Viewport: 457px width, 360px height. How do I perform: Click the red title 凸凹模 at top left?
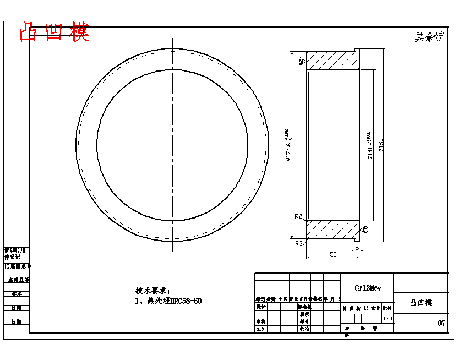pos(54,32)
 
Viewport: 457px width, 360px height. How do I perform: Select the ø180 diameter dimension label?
pos(380,145)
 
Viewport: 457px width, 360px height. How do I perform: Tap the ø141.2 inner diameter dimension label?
pos(369,145)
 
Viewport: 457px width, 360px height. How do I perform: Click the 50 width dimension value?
pos(333,254)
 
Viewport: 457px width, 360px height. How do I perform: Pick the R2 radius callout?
pos(298,216)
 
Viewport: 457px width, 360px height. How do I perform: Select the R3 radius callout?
pos(298,243)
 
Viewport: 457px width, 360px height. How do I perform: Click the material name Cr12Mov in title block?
pos(368,288)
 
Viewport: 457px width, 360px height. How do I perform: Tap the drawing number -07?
pos(439,323)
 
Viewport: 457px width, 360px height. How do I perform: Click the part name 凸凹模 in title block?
pos(421,303)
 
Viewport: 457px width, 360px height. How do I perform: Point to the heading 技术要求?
pos(153,291)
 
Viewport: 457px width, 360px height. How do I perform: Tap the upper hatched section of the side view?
pos(330,60)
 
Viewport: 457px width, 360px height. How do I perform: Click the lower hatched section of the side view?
pos(330,230)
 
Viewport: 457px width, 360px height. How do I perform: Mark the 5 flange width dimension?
pos(357,248)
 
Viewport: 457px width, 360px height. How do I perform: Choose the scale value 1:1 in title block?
pos(388,319)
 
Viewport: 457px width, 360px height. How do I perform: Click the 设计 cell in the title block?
pos(260,307)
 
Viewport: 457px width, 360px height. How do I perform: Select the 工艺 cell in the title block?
pos(260,329)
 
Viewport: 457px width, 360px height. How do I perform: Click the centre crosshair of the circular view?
pos(172,145)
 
